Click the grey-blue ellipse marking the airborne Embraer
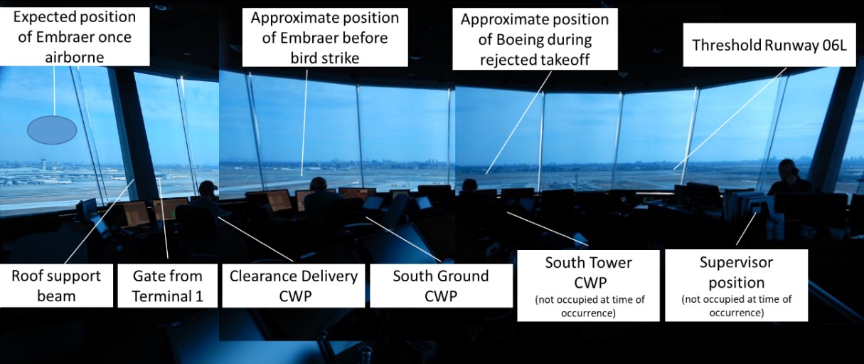tap(52, 130)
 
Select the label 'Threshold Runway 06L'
tap(769, 45)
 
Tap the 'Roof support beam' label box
tap(56, 286)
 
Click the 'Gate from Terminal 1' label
tap(167, 286)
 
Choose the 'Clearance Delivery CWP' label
tap(294, 286)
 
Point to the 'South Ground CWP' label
tap(441, 286)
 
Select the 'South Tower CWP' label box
tap(588, 286)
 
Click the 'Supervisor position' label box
tap(736, 285)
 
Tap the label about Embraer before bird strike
tap(325, 38)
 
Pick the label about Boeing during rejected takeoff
tap(535, 39)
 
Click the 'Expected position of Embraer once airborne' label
tap(75, 37)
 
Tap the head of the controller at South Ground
tap(319, 184)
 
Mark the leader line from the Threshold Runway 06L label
tap(730, 119)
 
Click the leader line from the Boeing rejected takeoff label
tap(518, 123)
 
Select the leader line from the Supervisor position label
tap(745, 229)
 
